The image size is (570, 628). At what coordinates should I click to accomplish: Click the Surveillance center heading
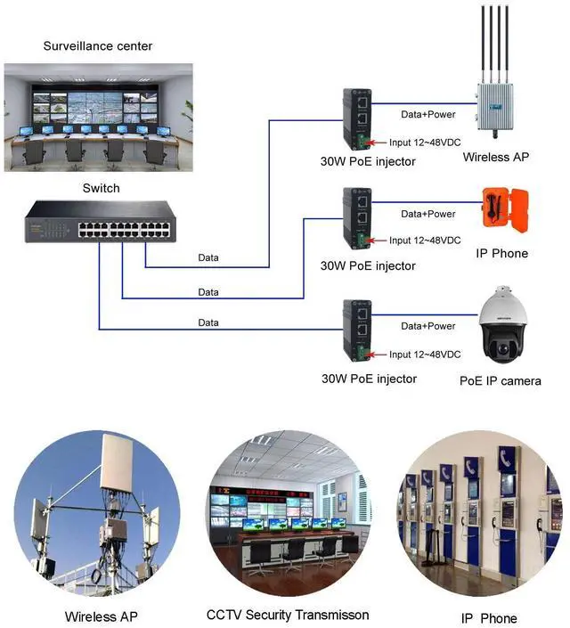pyautogui.click(x=98, y=45)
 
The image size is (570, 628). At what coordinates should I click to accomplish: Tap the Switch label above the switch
pyautogui.click(x=101, y=188)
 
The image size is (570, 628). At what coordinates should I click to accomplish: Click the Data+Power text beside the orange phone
pyautogui.click(x=427, y=214)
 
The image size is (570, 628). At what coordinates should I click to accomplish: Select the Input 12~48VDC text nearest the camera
pyautogui.click(x=425, y=355)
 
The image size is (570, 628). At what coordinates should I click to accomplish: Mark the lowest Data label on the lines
pyautogui.click(x=208, y=322)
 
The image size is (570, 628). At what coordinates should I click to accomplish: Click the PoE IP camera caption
pyautogui.click(x=500, y=381)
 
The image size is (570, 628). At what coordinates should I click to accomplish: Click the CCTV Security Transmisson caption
pyautogui.click(x=287, y=615)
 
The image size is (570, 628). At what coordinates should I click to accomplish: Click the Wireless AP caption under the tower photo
pyautogui.click(x=102, y=616)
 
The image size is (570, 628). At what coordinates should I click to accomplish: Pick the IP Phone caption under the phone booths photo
pyautogui.click(x=488, y=618)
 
